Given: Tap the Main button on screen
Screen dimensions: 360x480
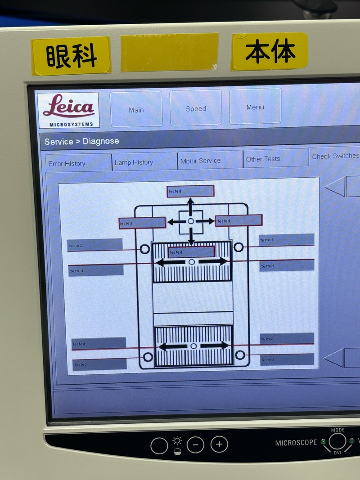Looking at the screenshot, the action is pyautogui.click(x=136, y=109).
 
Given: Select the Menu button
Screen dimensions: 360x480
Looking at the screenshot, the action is pyautogui.click(x=255, y=106).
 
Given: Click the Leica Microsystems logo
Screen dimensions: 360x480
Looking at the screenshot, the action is pyautogui.click(x=68, y=110).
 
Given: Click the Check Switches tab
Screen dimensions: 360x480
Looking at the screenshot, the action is pyautogui.click(x=335, y=156).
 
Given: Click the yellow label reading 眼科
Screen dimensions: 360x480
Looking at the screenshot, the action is pyautogui.click(x=71, y=56).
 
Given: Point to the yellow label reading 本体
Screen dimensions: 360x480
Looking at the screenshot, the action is pyautogui.click(x=270, y=51).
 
